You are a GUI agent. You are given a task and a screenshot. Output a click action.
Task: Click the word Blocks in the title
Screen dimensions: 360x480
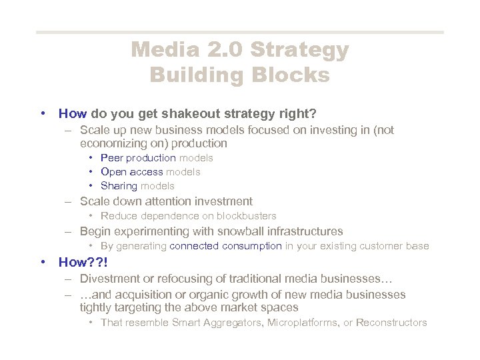click(295, 75)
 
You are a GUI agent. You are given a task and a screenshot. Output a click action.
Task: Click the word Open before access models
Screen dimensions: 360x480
click(113, 172)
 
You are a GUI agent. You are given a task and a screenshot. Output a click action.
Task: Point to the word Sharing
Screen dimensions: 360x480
click(119, 186)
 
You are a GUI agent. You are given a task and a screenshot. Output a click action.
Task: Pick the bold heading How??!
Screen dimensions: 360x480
click(81, 262)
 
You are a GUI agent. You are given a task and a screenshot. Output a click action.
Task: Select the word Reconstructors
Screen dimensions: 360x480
click(391, 323)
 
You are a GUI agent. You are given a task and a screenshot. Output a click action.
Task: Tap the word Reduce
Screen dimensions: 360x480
click(118, 216)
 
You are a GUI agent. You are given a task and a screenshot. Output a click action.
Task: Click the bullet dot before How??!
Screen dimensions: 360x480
click(43, 262)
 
